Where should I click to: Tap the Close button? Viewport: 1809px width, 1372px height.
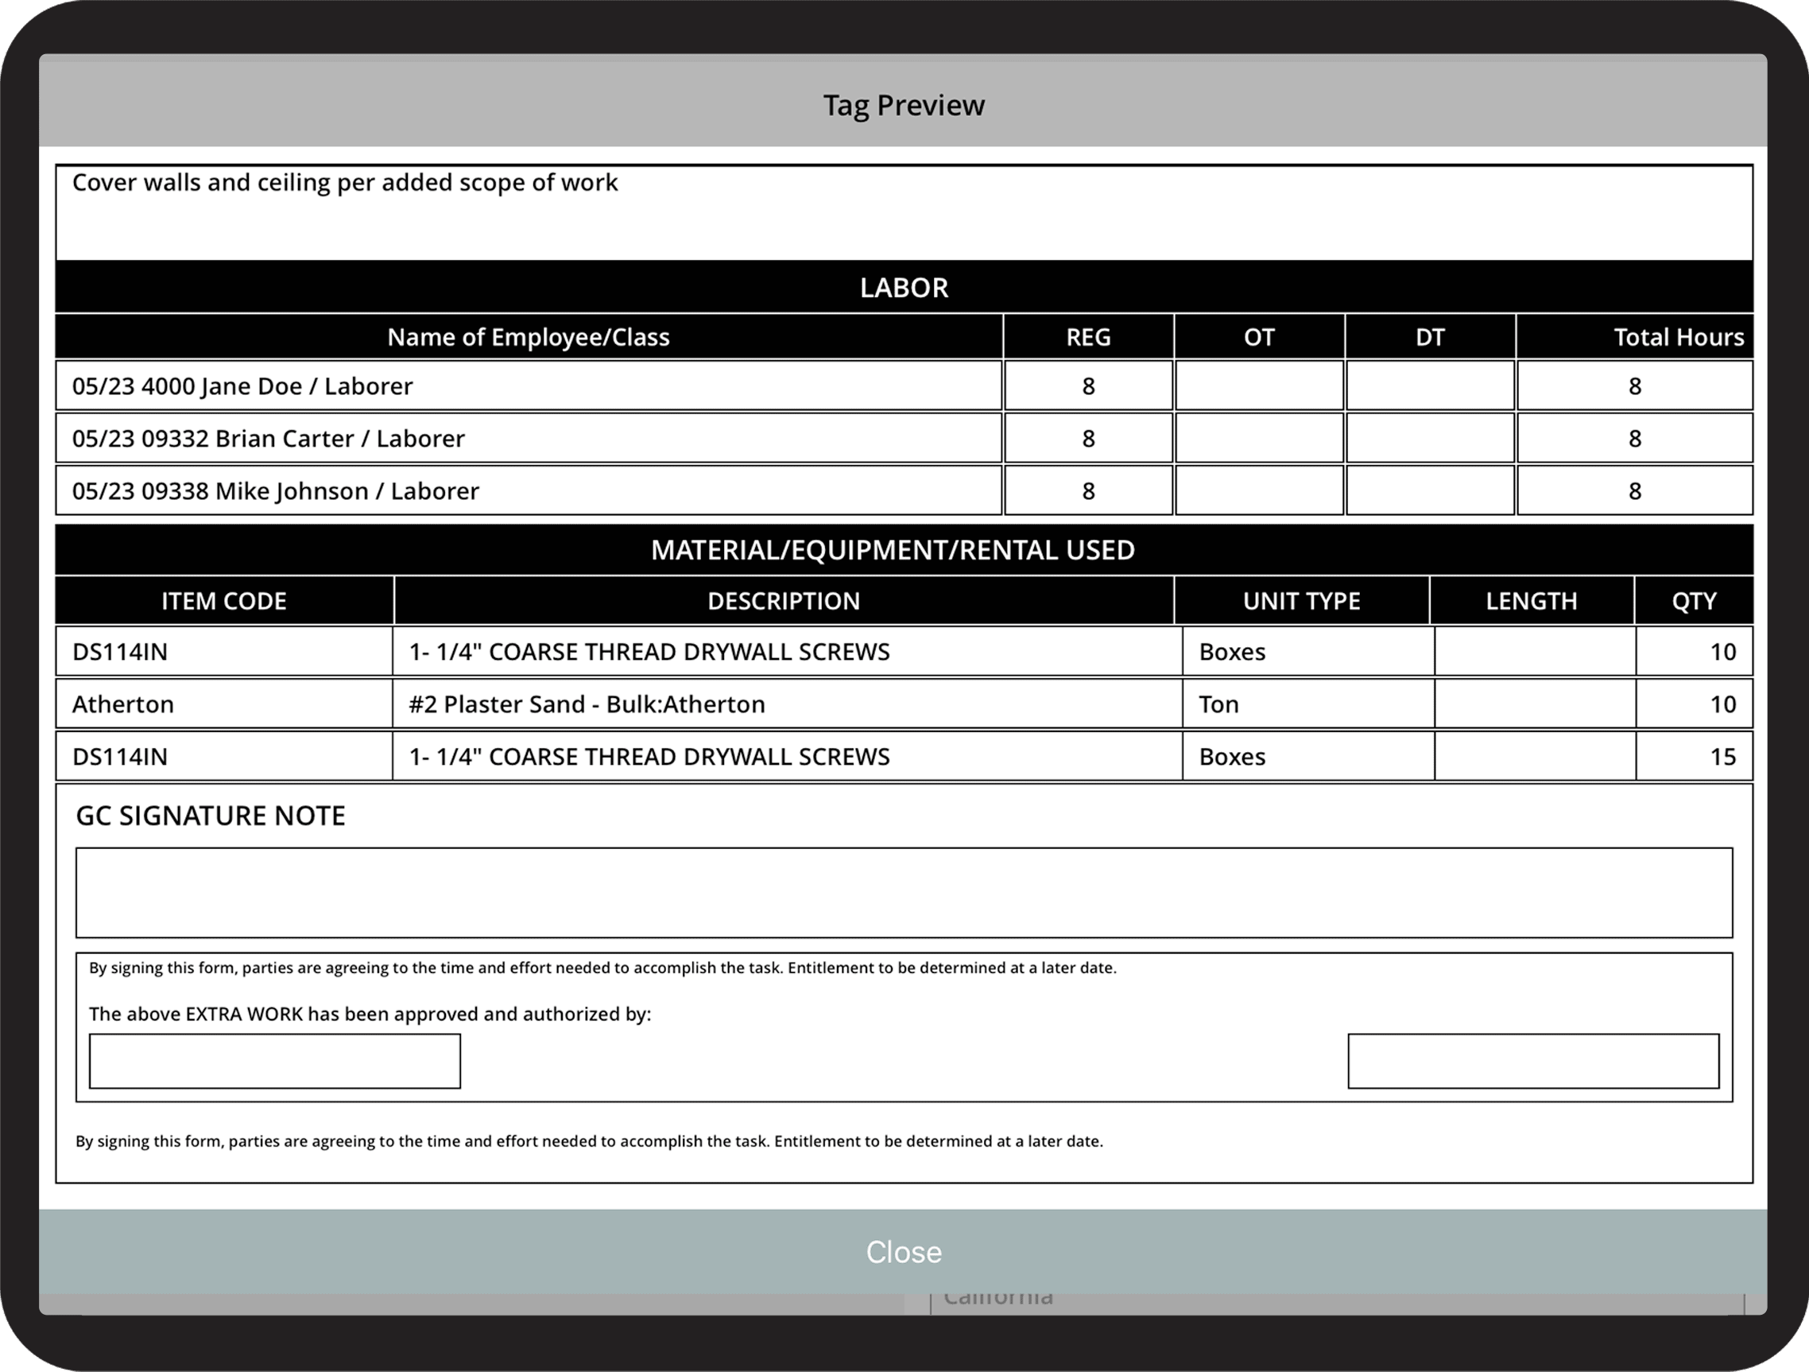(904, 1252)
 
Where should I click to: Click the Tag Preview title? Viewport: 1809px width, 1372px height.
(904, 106)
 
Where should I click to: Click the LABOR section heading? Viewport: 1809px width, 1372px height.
(904, 288)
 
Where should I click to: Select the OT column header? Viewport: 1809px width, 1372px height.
(1259, 337)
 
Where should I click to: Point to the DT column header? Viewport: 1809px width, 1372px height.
(1430, 337)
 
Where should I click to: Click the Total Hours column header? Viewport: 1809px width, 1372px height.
(1678, 337)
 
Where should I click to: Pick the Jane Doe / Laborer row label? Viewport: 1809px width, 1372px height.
(242, 386)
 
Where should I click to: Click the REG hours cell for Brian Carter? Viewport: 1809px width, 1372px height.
(1087, 439)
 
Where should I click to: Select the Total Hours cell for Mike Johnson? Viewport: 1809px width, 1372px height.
(1634, 491)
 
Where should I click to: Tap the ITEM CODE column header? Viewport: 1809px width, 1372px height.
(224, 601)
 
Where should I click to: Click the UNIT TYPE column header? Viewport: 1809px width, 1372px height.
(1301, 601)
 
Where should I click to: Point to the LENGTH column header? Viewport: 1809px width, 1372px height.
(1531, 601)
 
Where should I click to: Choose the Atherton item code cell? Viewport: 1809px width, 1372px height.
(123, 704)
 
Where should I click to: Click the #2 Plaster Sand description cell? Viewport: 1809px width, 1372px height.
(587, 704)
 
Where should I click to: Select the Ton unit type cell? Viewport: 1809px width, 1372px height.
(1218, 704)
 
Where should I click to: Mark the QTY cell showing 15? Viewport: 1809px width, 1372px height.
(1722, 757)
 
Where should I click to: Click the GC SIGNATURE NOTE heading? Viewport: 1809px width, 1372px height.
(211, 816)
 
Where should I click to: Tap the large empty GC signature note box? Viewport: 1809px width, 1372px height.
(904, 893)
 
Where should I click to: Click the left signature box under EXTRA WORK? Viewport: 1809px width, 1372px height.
(275, 1061)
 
